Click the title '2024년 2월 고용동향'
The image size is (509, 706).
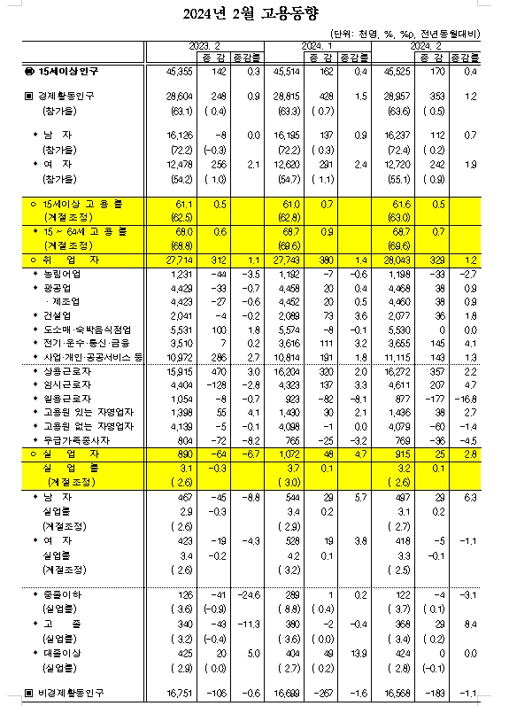pos(255,13)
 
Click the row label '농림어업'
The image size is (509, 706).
pos(62,275)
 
